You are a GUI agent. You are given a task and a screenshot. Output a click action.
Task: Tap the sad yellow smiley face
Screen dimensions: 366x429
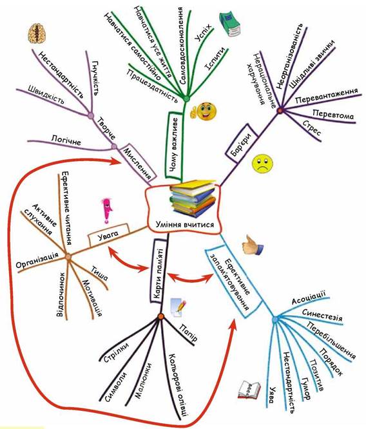click(x=262, y=164)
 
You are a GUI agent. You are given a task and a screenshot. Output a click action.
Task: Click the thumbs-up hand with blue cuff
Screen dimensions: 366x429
click(x=252, y=245)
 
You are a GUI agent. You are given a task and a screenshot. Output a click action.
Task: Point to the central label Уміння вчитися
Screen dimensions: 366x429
click(x=185, y=225)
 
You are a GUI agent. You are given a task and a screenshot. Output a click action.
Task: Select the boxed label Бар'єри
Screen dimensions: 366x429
click(x=242, y=144)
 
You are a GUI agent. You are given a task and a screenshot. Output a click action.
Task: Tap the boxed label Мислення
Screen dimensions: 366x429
click(x=139, y=163)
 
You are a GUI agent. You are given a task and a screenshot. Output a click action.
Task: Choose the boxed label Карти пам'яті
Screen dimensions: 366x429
click(x=159, y=271)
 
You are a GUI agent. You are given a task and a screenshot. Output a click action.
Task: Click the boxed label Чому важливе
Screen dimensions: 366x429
click(x=175, y=146)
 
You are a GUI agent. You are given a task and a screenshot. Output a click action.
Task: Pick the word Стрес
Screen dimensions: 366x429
click(x=312, y=128)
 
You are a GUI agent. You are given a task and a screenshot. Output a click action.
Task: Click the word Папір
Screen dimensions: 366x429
click(x=189, y=333)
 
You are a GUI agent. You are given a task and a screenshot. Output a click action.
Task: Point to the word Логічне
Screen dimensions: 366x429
click(x=66, y=141)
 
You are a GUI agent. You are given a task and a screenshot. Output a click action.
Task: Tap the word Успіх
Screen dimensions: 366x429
click(x=204, y=33)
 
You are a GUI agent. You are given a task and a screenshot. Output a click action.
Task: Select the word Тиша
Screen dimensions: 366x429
click(x=100, y=274)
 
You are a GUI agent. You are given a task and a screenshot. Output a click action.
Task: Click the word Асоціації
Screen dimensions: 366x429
click(x=309, y=298)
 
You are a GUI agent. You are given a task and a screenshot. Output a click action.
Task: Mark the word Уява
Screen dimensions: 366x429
click(x=272, y=395)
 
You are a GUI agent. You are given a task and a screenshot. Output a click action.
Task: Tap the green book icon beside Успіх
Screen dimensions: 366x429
click(x=230, y=24)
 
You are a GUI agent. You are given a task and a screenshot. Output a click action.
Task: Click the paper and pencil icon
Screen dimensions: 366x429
click(x=178, y=307)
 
